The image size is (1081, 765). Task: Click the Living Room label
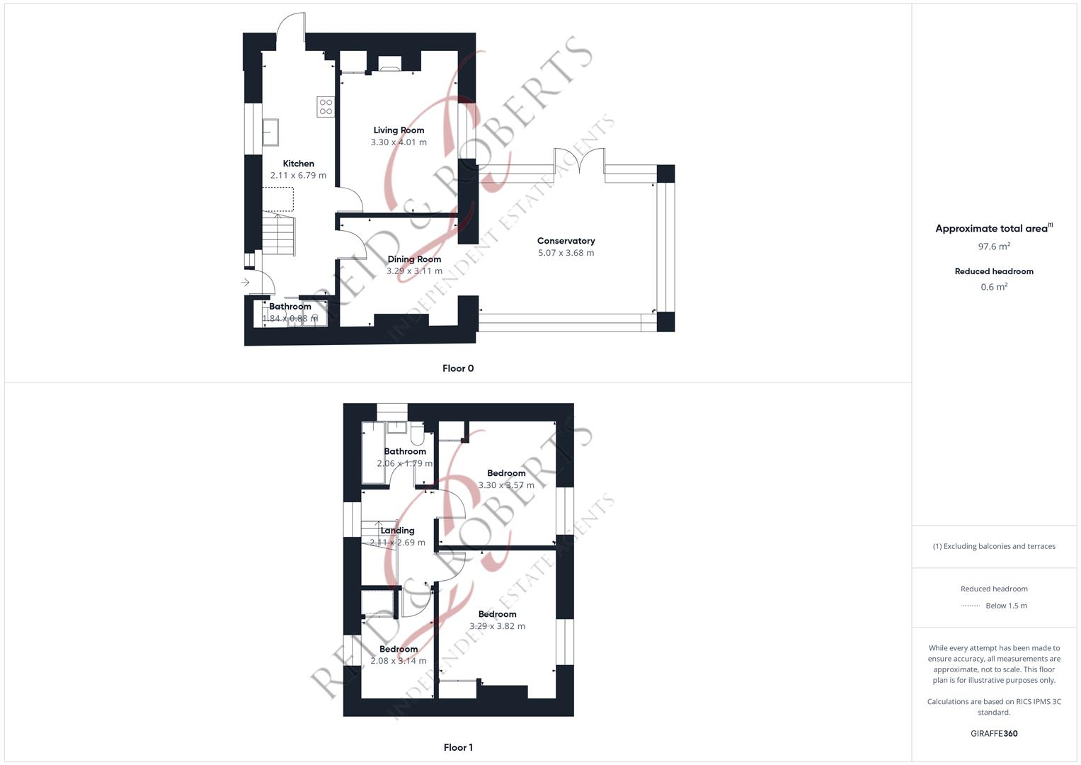pos(399,130)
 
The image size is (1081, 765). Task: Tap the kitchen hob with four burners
pos(326,107)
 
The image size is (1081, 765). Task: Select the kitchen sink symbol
pos(270,132)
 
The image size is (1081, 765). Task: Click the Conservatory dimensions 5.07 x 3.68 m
pos(566,253)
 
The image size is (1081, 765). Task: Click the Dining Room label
pos(414,259)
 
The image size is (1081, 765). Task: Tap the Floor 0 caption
pos(458,368)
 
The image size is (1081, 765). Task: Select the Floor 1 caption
pos(458,747)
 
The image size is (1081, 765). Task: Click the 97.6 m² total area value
pos(994,246)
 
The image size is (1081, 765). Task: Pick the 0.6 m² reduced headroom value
pos(994,287)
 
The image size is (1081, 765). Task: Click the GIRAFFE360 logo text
pos(994,734)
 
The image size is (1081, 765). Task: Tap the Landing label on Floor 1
pos(397,531)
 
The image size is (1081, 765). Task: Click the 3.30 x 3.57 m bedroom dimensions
pos(506,485)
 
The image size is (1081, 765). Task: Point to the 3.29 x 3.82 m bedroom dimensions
pos(497,626)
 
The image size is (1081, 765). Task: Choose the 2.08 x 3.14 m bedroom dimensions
pos(398,661)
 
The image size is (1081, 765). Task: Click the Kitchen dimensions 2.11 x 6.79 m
pos(298,176)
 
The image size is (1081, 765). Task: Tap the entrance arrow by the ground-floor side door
pos(246,283)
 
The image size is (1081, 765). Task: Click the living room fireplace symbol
pos(389,64)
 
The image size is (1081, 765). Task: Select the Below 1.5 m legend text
pos(1006,606)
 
